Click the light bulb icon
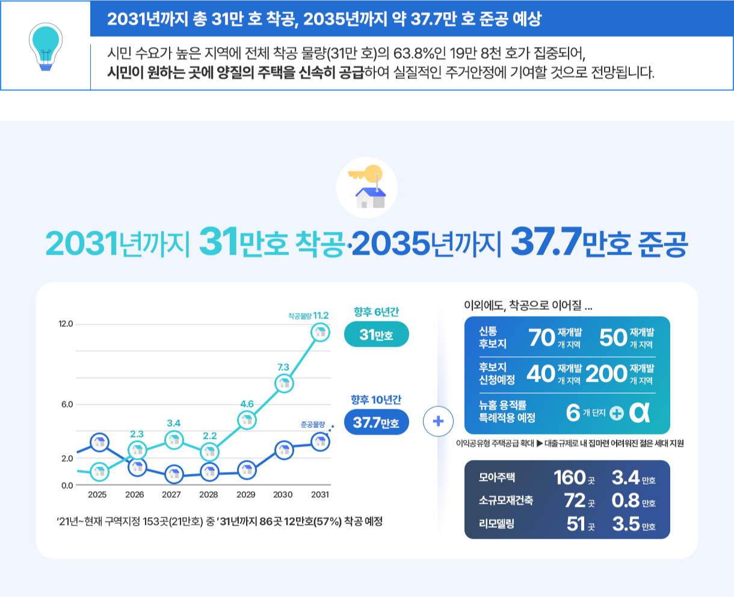[45, 47]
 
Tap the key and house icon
[366, 187]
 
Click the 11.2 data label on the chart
[321, 315]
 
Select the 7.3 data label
[283, 367]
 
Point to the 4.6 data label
[247, 404]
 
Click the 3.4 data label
[174, 423]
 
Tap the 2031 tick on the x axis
[320, 495]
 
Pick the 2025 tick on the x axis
[97, 495]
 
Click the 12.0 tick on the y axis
[66, 324]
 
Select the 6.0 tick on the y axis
[67, 404]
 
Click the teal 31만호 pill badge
[376, 335]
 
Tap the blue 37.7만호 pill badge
[376, 422]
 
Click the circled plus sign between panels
[438, 421]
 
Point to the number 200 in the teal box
[606, 374]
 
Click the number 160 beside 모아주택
[569, 478]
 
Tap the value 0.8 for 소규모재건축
[625, 501]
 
